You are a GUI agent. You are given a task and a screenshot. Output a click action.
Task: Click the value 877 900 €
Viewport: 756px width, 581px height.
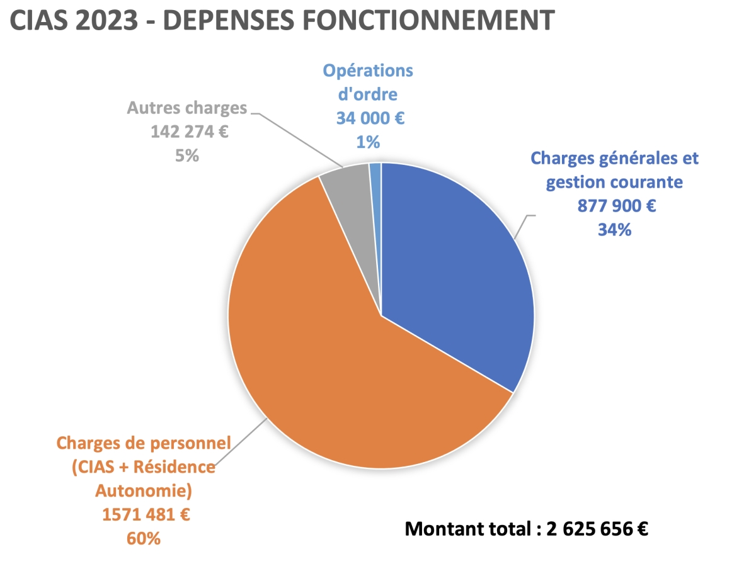616,206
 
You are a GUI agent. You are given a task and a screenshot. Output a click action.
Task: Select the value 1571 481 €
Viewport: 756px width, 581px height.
146,515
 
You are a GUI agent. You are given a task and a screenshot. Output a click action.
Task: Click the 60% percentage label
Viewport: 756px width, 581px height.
146,539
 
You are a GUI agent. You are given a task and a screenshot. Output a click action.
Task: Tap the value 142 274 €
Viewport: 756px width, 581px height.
187,132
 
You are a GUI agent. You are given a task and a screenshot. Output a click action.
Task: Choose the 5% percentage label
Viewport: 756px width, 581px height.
187,155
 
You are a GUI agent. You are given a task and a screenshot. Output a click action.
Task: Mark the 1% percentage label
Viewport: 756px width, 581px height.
368,142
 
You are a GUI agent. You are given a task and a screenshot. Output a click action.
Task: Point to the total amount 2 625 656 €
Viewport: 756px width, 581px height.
597,529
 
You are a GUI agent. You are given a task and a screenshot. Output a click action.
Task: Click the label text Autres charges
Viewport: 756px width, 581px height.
187,108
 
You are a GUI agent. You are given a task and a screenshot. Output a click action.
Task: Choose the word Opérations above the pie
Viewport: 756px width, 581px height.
368,70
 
